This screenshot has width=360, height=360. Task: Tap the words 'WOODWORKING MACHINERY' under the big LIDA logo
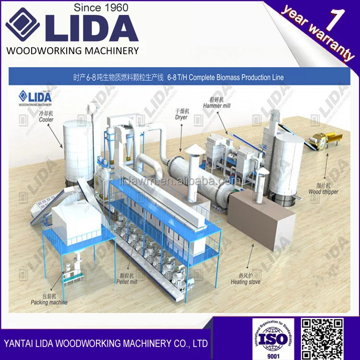[72, 50]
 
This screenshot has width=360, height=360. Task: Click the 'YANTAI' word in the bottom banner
[19, 344]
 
